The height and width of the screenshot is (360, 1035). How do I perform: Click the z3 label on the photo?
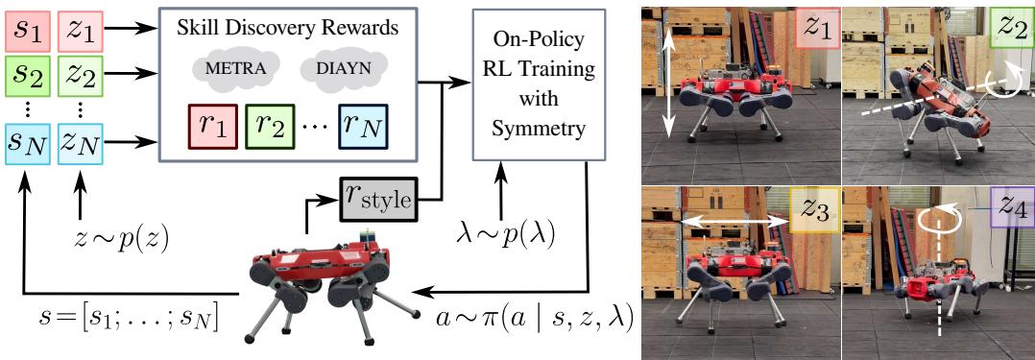pos(814,208)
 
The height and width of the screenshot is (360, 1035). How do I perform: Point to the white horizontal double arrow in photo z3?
pos(732,221)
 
